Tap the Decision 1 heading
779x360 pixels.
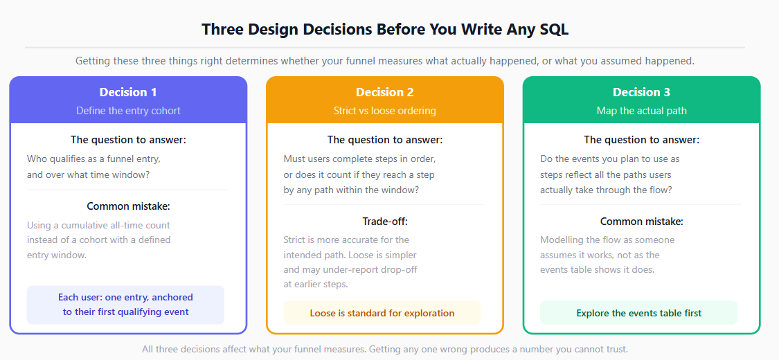coord(128,92)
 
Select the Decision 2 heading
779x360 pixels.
coord(385,92)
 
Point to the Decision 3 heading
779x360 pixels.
coord(641,92)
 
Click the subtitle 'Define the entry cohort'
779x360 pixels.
coord(128,110)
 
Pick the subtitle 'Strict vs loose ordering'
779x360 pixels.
coord(385,110)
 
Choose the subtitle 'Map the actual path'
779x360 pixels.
coord(641,110)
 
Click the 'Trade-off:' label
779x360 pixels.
coord(385,222)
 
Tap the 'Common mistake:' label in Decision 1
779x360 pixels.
coord(128,206)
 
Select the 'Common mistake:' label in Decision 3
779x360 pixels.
coord(641,222)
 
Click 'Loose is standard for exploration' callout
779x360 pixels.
coord(382,313)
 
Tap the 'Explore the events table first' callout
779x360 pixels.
coord(639,313)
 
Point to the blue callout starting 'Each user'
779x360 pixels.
coord(125,305)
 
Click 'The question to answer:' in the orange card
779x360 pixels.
coord(385,140)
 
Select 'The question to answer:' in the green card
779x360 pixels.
coord(641,140)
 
